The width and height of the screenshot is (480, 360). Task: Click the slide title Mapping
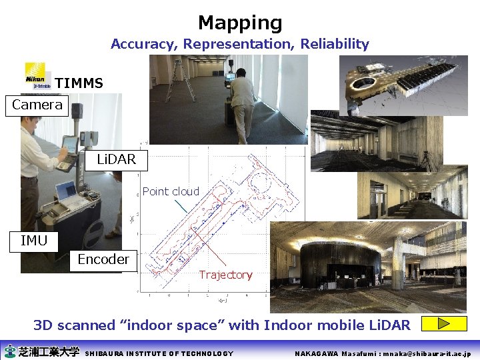pos(240,23)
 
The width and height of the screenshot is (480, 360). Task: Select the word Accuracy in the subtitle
pos(137,44)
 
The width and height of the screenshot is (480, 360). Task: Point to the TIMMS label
pos(79,83)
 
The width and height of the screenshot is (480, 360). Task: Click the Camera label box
pos(37,105)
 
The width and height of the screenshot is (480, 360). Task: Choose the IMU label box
pos(34,241)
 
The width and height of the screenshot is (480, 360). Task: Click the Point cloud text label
pos(171,191)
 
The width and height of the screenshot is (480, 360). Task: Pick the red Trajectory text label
pos(225,275)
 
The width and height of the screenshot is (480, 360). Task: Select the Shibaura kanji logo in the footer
pos(41,351)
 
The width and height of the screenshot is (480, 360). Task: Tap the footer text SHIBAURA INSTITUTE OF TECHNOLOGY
pos(160,353)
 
